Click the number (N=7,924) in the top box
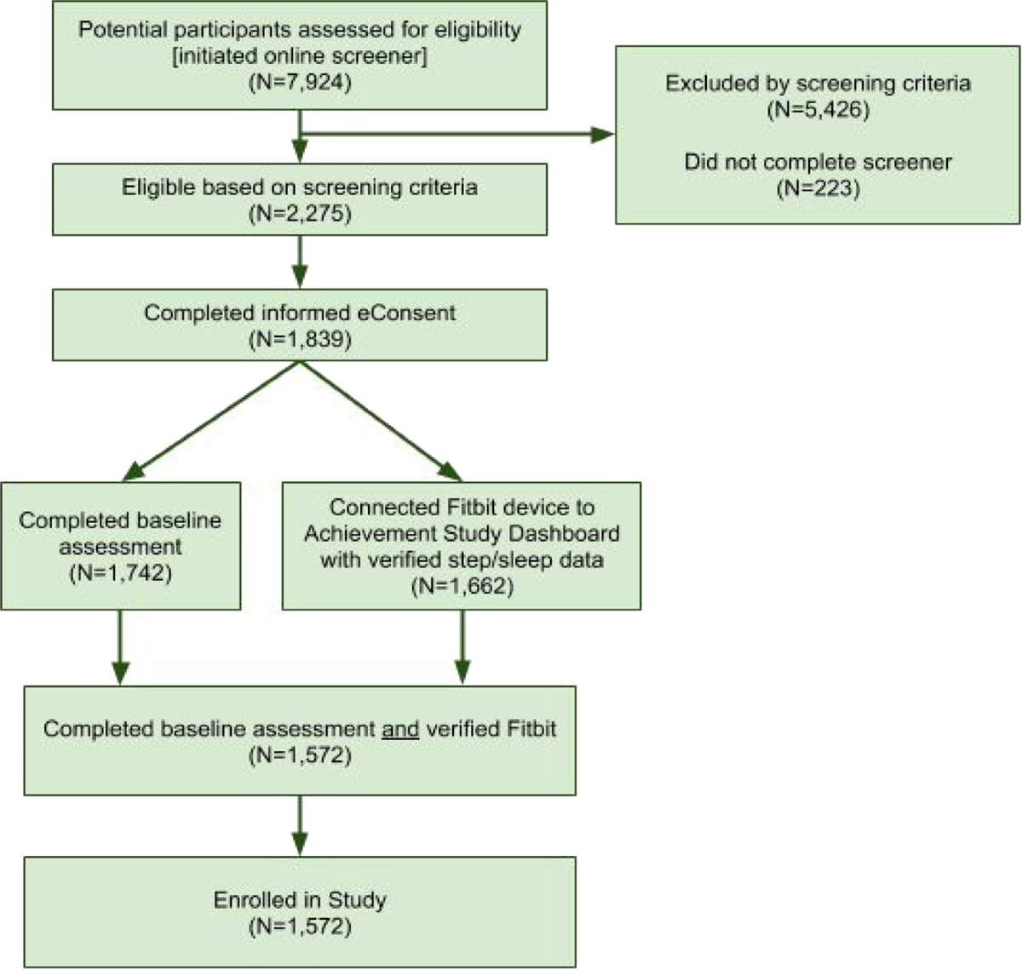click(300, 83)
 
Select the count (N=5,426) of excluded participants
click(817, 111)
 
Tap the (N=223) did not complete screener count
click(817, 188)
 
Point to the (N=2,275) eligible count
click(300, 214)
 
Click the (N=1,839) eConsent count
click(300, 339)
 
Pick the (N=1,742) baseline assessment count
click(120, 572)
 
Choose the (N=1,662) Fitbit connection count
click(461, 586)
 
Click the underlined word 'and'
click(400, 730)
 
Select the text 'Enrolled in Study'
click(300, 899)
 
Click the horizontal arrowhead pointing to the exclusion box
click(602, 135)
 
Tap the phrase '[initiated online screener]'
click(300, 57)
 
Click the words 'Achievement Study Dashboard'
click(461, 534)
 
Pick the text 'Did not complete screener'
click(817, 162)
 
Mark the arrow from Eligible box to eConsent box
click(300, 262)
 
